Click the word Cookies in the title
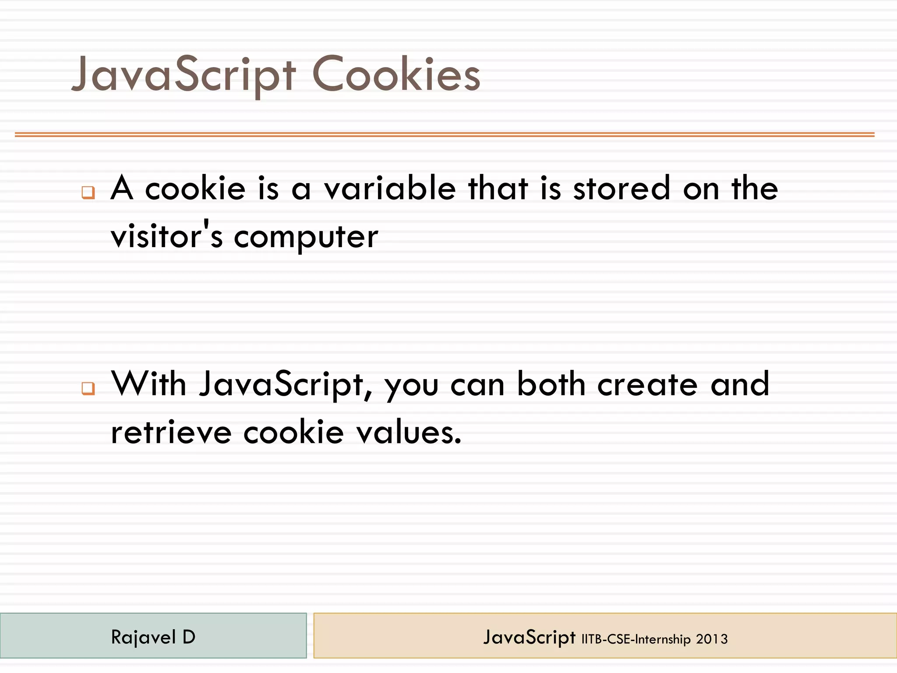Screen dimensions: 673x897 click(396, 74)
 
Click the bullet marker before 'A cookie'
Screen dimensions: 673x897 click(88, 192)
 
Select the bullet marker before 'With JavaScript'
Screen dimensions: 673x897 click(88, 388)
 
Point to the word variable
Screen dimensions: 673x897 click(390, 188)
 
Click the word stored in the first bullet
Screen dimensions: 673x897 click(622, 188)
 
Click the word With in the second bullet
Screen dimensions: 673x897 click(149, 384)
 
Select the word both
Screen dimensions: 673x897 click(551, 384)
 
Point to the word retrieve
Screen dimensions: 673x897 click(171, 432)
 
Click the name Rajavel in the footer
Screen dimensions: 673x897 click(143, 637)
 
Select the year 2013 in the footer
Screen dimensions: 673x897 click(712, 639)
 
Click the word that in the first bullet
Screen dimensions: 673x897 click(498, 188)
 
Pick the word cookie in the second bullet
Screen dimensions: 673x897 click(293, 432)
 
